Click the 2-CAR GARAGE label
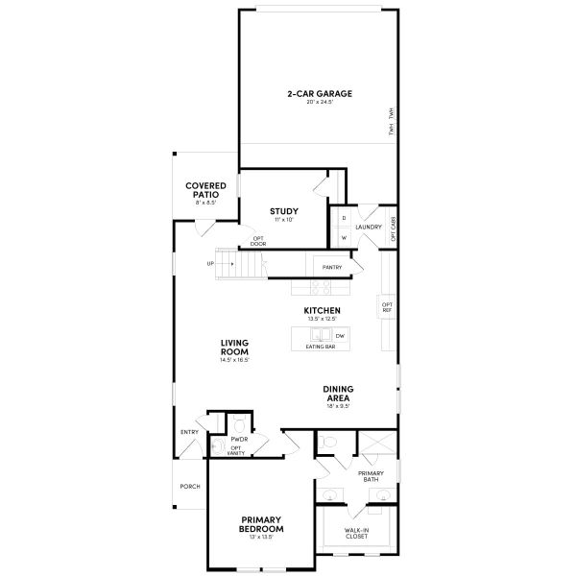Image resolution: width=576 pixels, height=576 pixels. (319, 93)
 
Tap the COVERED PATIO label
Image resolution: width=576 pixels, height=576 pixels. (205, 189)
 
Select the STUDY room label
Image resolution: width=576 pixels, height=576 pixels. (283, 211)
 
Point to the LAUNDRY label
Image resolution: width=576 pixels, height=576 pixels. (369, 228)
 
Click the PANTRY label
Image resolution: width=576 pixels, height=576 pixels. (333, 268)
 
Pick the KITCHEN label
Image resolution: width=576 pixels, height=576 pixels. (322, 310)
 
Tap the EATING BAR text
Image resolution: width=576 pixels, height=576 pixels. (320, 346)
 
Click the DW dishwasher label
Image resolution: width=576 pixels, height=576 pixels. (339, 335)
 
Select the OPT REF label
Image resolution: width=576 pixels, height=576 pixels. (387, 308)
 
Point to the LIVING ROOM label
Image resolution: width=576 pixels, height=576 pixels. (234, 347)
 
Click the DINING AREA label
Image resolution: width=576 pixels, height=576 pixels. (339, 393)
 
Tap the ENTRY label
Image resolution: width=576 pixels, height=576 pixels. (189, 432)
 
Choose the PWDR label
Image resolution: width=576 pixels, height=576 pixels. (239, 439)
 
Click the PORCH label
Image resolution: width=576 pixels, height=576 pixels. (190, 487)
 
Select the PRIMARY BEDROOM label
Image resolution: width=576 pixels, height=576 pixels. (261, 526)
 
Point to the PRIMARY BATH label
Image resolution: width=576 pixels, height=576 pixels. (371, 476)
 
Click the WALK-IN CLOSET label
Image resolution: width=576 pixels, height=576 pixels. (356, 533)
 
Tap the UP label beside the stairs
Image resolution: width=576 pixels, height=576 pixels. (209, 263)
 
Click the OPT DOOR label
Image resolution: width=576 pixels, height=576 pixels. (257, 241)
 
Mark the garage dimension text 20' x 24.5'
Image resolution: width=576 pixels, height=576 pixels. (319, 102)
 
